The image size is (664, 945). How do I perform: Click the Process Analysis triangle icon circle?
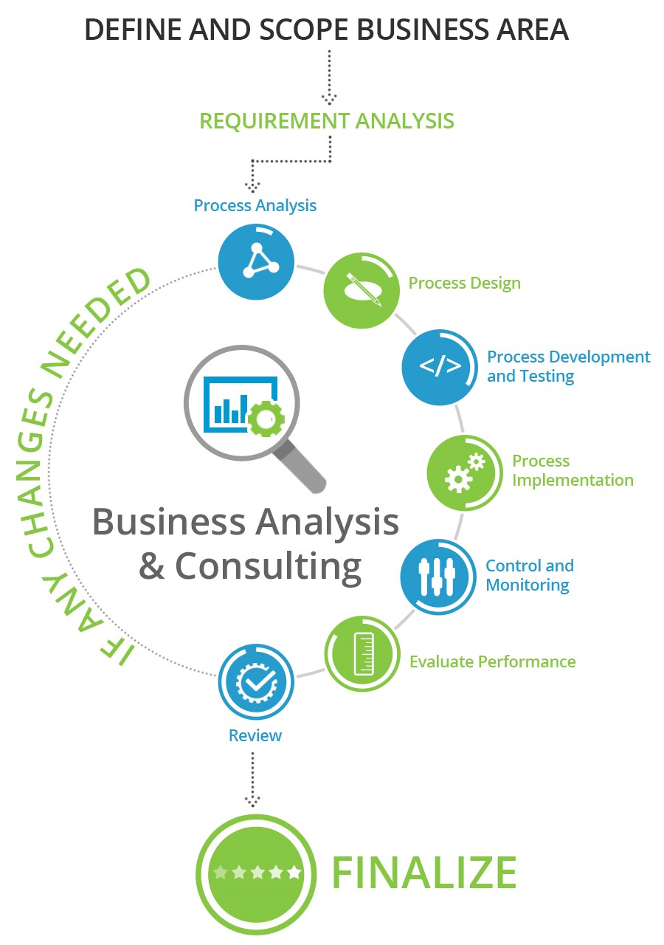point(256,261)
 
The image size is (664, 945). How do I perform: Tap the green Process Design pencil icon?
point(362,290)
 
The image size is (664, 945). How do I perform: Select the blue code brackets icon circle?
point(440,367)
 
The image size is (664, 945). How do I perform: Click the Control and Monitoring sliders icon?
point(438,577)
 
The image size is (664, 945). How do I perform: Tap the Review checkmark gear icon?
point(256,682)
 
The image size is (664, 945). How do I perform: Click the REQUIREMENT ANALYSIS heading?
point(327,120)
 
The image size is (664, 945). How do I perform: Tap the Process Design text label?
point(464,283)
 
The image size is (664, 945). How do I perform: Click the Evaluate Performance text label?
point(492,661)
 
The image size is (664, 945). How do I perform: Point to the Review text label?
point(255,735)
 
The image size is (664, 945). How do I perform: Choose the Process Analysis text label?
point(255,205)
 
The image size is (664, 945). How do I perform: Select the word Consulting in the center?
point(268,566)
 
